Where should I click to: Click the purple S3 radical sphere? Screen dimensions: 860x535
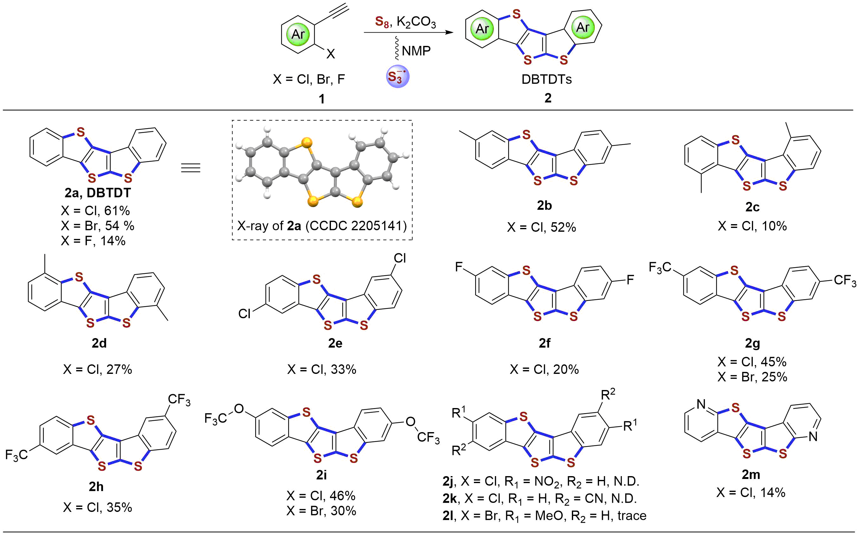point(398,76)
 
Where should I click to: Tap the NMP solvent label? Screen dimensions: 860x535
point(416,51)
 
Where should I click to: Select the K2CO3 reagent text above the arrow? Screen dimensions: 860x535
point(416,22)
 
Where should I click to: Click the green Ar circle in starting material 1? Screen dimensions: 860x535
point(298,34)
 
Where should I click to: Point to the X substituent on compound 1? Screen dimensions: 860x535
point(331,54)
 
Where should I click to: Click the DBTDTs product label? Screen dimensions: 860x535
point(546,79)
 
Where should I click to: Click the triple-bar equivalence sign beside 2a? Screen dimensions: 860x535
point(191,167)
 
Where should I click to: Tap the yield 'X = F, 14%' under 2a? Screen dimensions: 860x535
point(93,241)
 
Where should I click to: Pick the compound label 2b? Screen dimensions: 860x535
point(544,205)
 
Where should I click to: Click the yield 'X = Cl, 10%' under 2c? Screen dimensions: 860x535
point(752,226)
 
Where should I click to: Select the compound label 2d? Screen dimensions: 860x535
point(99,343)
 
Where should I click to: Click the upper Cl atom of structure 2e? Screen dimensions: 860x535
point(400,258)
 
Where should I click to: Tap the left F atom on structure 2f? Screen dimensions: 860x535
point(459,267)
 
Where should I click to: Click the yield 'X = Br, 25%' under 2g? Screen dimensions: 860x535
point(752,377)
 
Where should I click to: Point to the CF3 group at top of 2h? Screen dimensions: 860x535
point(179,400)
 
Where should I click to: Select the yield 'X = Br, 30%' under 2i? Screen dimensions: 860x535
point(321,511)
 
